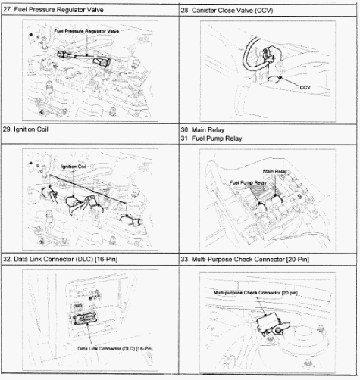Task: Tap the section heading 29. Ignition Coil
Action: [x=34, y=129]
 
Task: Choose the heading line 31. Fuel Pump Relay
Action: [x=217, y=138]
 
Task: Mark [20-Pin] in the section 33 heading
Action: [x=298, y=259]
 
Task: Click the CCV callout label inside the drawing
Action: [x=305, y=88]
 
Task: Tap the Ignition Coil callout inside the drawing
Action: [x=74, y=165]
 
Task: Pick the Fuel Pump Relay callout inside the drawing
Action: [x=248, y=182]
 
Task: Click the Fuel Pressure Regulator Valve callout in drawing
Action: [x=87, y=30]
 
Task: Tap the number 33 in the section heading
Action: [x=186, y=259]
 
